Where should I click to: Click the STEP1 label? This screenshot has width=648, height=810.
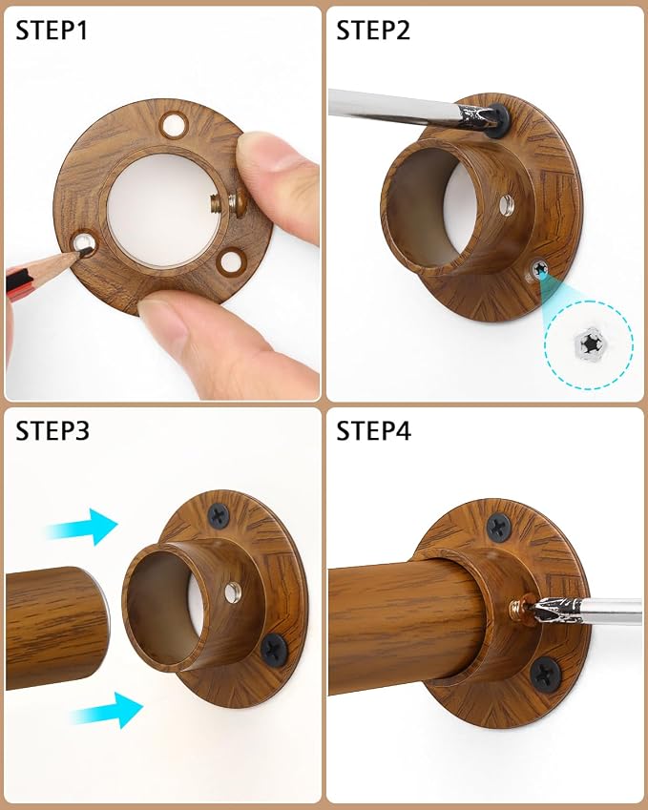pyautogui.click(x=52, y=31)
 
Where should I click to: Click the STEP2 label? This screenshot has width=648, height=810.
pyautogui.click(x=373, y=31)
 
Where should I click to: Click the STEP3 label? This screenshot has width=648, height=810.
pyautogui.click(x=52, y=431)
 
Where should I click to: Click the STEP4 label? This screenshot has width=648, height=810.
pyautogui.click(x=373, y=431)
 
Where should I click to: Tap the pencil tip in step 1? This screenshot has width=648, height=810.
pyautogui.click(x=88, y=252)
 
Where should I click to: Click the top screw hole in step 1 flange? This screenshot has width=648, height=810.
pyautogui.click(x=175, y=124)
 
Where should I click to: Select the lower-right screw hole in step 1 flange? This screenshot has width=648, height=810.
pyautogui.click(x=230, y=261)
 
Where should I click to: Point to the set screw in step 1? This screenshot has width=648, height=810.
pyautogui.click(x=228, y=201)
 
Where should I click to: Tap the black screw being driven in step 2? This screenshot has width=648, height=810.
pyautogui.click(x=497, y=118)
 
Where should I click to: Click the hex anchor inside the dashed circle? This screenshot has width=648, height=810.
pyautogui.click(x=589, y=342)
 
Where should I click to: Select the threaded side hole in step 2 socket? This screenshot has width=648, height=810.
pyautogui.click(x=507, y=205)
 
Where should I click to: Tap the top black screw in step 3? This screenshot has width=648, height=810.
pyautogui.click(x=219, y=515)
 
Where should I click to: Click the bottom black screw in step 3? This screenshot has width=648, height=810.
pyautogui.click(x=274, y=650)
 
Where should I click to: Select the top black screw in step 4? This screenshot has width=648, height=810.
pyautogui.click(x=499, y=528)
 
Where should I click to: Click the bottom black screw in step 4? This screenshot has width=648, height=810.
pyautogui.click(x=545, y=675)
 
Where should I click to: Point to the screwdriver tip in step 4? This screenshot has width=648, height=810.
pyautogui.click(x=537, y=610)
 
